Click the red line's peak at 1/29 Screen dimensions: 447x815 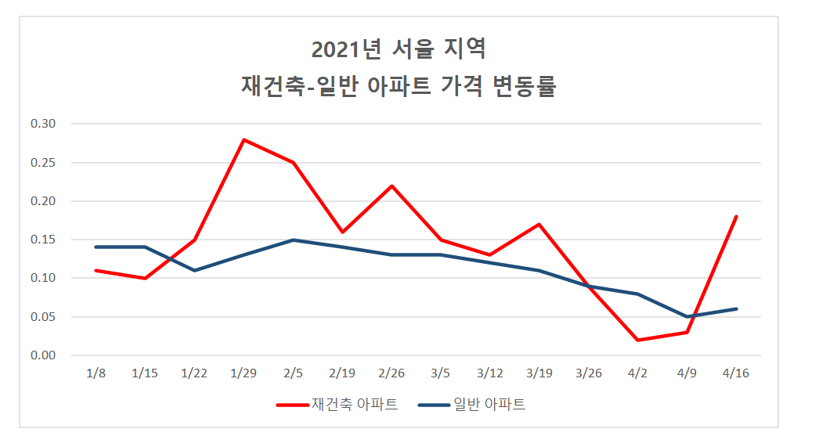point(244,139)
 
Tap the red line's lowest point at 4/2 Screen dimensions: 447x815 point(637,340)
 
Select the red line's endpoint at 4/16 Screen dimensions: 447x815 point(736,217)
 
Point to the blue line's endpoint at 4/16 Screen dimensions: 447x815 point(736,309)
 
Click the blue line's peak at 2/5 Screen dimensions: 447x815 point(293,240)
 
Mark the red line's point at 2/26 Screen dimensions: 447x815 point(391,186)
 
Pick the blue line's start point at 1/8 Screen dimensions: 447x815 point(96,247)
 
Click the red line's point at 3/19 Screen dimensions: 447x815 point(539,225)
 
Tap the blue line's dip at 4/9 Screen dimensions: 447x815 point(687,317)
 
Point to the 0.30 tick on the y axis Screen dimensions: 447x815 point(43,124)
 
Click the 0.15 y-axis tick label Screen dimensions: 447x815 point(43,240)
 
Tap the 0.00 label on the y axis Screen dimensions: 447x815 point(43,355)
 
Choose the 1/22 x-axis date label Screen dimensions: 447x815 point(194,373)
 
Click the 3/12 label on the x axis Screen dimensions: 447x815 point(490,373)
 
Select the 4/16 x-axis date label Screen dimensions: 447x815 point(736,373)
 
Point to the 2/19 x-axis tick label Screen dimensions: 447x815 point(342,373)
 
